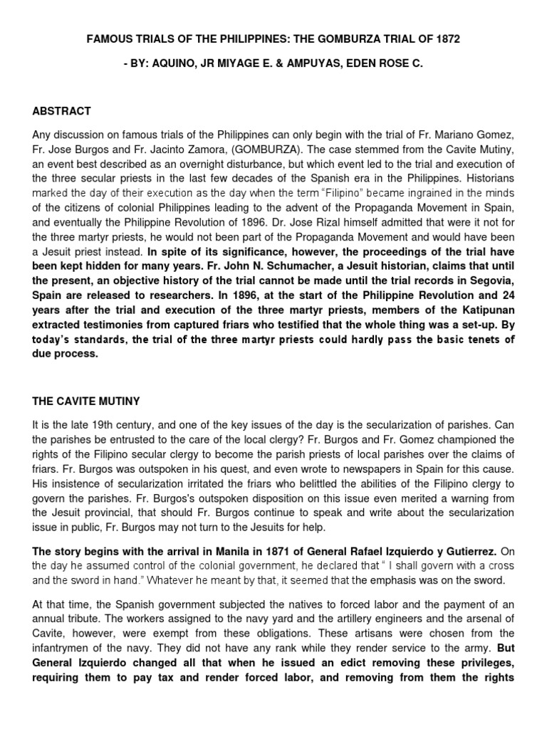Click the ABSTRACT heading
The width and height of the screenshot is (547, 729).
[x=62, y=112]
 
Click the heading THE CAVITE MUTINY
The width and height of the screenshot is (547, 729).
[x=86, y=401]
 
